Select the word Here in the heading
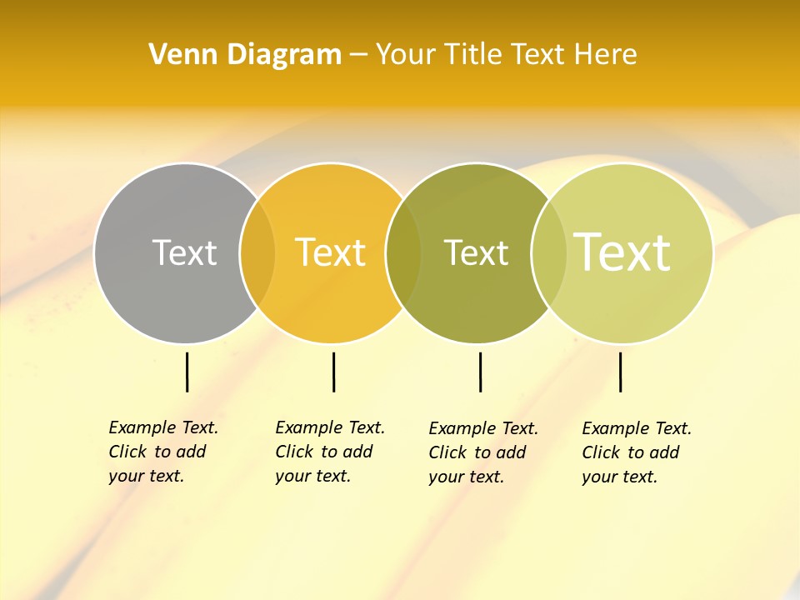coord(606,55)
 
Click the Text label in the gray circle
coord(184,252)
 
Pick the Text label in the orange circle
coord(331,252)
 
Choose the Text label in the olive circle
coord(476,252)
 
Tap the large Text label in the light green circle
coord(622,252)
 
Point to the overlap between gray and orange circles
coord(257,253)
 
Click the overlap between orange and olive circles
coord(403,253)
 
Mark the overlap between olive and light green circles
coord(547,253)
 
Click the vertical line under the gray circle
coord(187,372)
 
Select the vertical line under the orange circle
coord(333,372)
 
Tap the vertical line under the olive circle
coord(480,372)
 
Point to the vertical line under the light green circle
coord(620,372)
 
